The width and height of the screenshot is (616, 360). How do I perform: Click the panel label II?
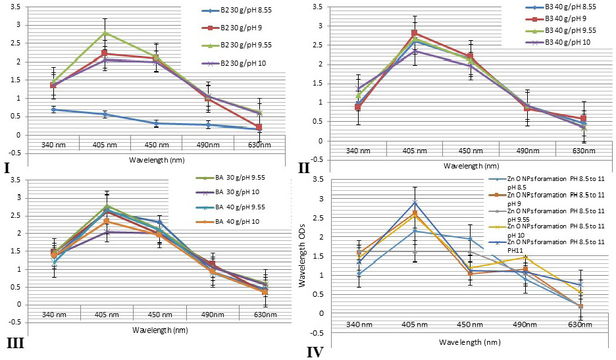[x=303, y=168]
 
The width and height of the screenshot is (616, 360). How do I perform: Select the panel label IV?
[x=315, y=351]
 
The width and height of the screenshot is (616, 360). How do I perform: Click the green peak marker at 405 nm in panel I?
[x=105, y=33]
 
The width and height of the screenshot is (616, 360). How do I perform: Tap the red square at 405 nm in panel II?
[x=414, y=33]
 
